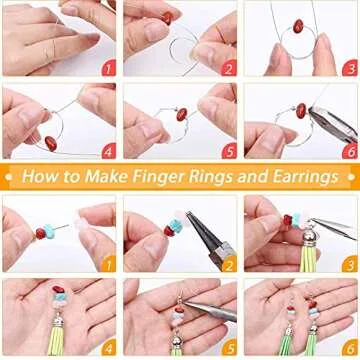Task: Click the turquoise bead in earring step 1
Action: [x=41, y=233]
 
